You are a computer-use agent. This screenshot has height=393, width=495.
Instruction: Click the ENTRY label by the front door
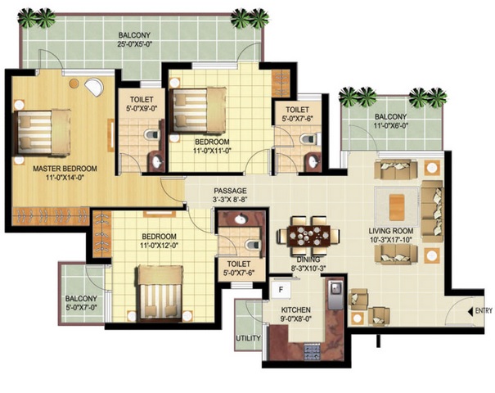click(x=484, y=311)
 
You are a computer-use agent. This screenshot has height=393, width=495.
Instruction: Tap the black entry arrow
click(x=471, y=311)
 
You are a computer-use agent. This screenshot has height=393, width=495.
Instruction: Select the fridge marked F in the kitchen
click(x=281, y=288)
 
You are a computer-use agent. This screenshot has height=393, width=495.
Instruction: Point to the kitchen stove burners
click(x=313, y=351)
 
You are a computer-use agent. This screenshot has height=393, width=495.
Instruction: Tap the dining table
click(x=308, y=236)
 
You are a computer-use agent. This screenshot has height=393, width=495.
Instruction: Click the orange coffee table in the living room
click(x=397, y=207)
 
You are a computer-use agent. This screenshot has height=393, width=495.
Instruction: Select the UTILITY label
click(x=249, y=338)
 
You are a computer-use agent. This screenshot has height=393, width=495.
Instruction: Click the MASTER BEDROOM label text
click(x=65, y=169)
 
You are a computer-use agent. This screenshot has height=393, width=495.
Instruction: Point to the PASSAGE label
click(x=230, y=191)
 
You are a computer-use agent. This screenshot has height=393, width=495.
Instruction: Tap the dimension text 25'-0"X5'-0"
click(x=134, y=44)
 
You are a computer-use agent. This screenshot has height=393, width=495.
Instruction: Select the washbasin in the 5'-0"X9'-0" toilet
click(x=156, y=162)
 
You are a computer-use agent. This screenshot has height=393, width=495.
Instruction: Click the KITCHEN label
click(x=296, y=310)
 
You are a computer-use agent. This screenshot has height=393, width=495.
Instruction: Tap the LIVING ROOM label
click(x=391, y=231)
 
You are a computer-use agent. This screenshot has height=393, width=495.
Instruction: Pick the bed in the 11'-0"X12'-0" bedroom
click(x=160, y=292)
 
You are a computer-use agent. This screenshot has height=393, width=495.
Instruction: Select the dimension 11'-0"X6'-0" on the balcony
click(x=391, y=125)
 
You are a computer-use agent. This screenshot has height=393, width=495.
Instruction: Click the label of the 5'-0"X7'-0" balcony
click(x=81, y=299)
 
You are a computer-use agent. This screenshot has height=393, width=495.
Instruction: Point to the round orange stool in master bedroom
click(x=74, y=84)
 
